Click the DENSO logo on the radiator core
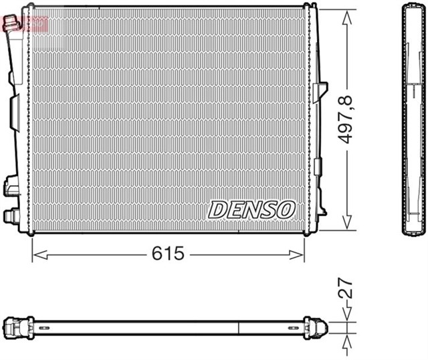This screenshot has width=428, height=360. [251, 209]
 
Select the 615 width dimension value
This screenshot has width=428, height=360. [168, 254]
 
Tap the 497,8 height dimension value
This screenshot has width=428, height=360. [346, 120]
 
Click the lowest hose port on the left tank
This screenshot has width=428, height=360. [12, 216]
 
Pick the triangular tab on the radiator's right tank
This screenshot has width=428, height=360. [324, 90]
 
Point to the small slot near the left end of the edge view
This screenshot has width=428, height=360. [43, 328]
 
